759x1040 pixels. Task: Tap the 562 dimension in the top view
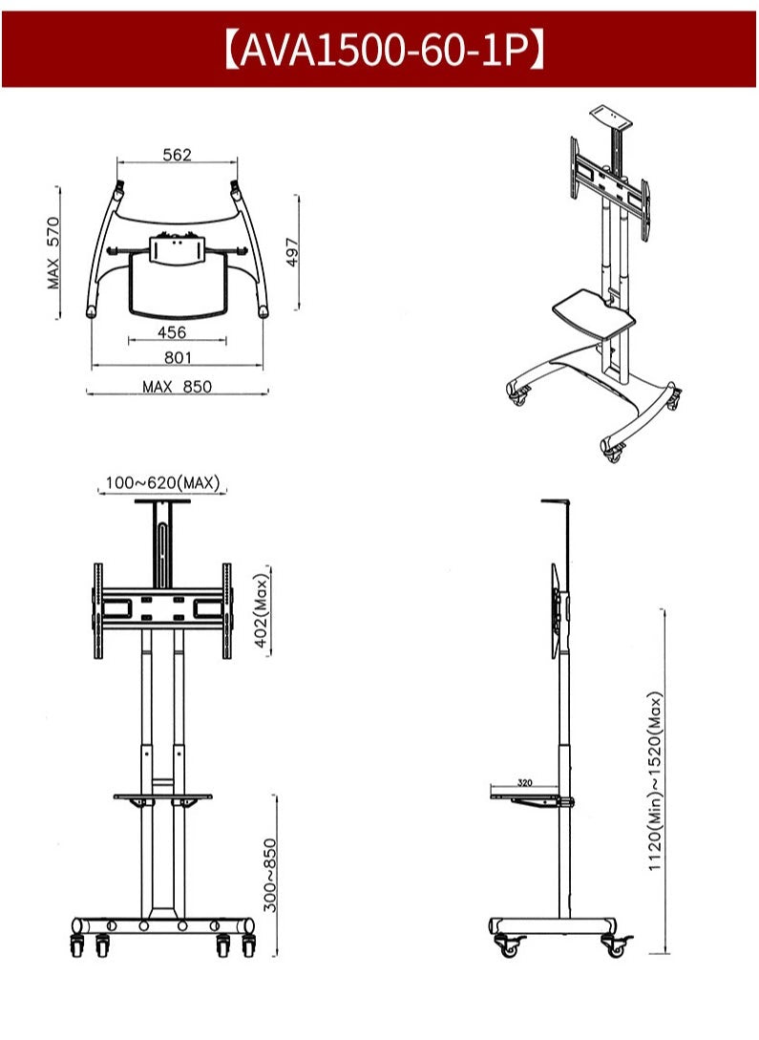(177, 155)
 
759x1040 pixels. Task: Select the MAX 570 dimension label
(53, 253)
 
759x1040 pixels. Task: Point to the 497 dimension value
(292, 252)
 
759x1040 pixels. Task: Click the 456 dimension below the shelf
(173, 331)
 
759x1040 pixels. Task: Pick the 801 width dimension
(178, 357)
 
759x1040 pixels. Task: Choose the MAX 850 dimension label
(177, 387)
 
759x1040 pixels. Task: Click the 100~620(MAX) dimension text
(162, 483)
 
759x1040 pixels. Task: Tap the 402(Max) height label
(262, 611)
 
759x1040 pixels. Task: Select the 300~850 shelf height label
(270, 876)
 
